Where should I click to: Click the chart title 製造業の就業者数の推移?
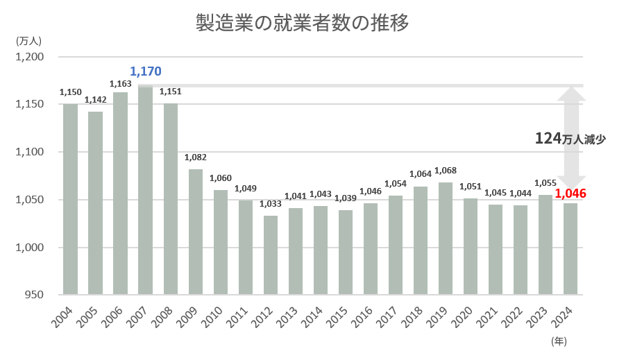click(x=303, y=24)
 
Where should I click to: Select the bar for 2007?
click(x=146, y=190)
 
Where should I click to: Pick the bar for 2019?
click(x=446, y=239)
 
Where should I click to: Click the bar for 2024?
click(x=570, y=249)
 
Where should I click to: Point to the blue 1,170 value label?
click(x=146, y=71)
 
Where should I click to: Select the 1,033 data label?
click(x=271, y=205)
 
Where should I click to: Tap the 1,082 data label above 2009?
click(x=196, y=157)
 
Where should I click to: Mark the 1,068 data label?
click(x=446, y=171)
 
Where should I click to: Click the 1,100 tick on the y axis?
click(x=29, y=152)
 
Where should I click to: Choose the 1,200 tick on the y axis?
click(x=29, y=57)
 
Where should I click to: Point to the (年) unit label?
click(x=559, y=341)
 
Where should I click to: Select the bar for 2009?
click(x=196, y=232)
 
